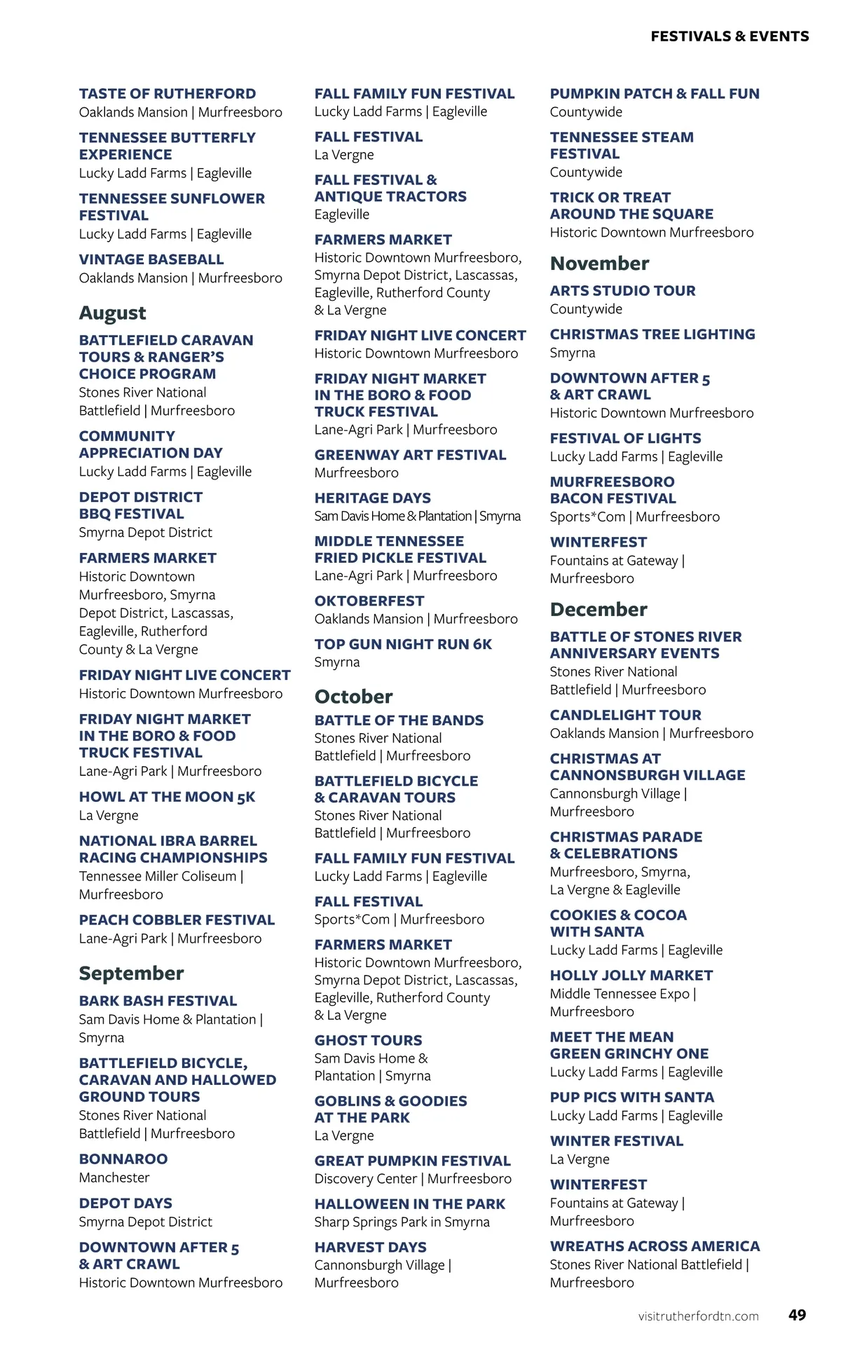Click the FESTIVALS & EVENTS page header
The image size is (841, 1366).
(x=730, y=36)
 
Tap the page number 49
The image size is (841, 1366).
(x=797, y=1315)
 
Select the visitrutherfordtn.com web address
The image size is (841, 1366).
(x=698, y=1316)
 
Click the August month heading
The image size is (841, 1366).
(x=113, y=313)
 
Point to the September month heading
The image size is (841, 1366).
(x=131, y=973)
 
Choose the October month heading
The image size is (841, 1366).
(x=353, y=696)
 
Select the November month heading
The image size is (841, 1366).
(x=599, y=264)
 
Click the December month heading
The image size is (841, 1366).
(x=599, y=609)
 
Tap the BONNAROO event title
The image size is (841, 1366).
(x=123, y=1159)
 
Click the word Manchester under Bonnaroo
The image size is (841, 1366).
(x=114, y=1177)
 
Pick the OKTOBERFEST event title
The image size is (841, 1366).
(x=369, y=601)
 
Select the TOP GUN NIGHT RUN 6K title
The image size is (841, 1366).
(x=403, y=644)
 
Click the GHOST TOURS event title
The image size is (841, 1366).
(x=368, y=1040)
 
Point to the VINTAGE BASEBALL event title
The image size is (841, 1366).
(x=151, y=259)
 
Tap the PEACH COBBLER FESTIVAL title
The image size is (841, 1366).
(x=177, y=920)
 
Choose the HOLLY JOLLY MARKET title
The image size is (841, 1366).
(x=631, y=975)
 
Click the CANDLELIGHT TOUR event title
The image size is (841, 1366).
(x=625, y=715)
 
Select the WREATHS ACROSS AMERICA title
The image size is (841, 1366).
(x=655, y=1246)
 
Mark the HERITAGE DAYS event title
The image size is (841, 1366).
(x=372, y=498)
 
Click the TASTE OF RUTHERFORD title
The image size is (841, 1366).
(x=167, y=93)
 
